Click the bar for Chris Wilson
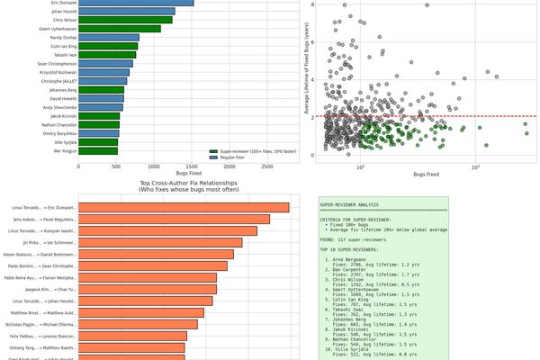tap(135, 19)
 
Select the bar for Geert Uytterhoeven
tap(120, 29)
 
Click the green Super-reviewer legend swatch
tap(214, 150)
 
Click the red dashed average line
tap(423, 116)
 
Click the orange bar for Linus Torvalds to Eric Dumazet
tap(184, 208)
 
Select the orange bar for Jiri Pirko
tap(160, 243)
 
